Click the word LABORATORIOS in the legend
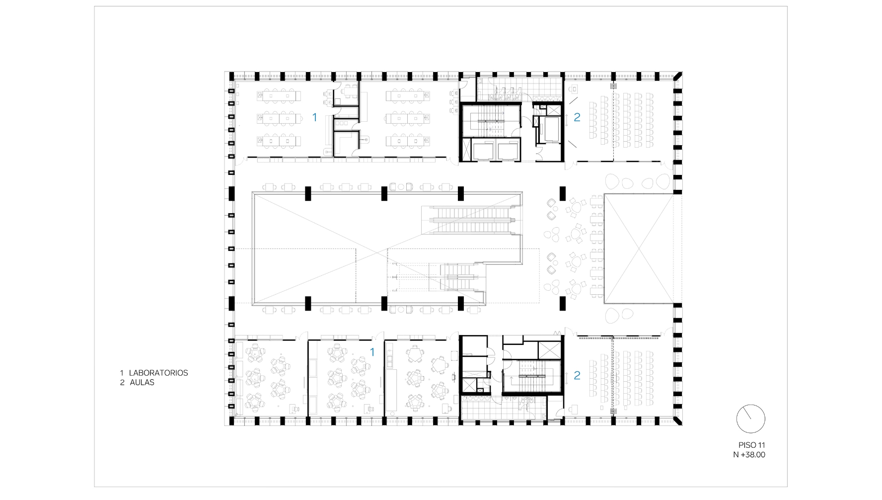(158, 373)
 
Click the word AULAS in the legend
(142, 383)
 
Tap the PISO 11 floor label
(751, 445)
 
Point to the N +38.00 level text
(750, 454)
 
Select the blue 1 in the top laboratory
(314, 117)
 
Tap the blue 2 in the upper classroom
(577, 117)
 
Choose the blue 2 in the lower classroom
(577, 375)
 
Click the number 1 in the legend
(122, 373)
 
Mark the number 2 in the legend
(122, 383)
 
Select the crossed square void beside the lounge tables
(638, 249)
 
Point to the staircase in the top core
(489, 122)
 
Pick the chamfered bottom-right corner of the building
(678, 420)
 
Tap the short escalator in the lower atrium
(459, 277)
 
